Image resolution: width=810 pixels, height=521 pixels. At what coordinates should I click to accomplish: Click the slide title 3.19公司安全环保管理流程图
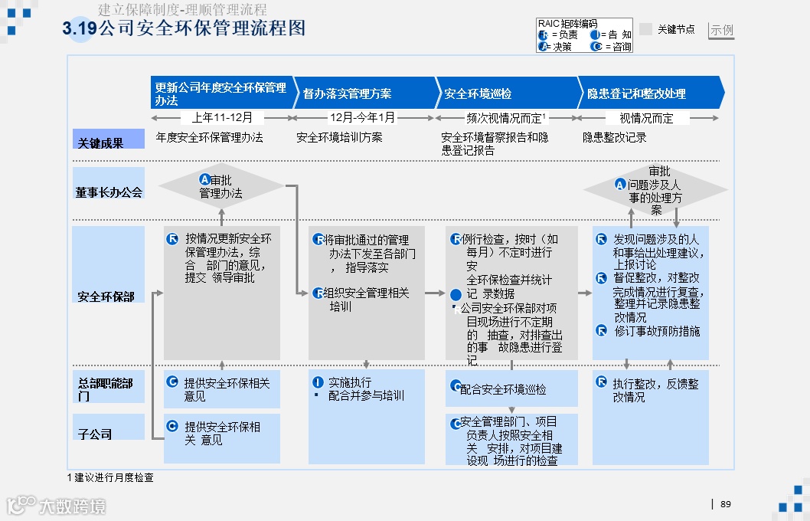184,28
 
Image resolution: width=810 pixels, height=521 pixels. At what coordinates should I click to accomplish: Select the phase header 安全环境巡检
478,93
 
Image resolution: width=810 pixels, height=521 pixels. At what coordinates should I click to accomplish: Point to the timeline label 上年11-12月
222,118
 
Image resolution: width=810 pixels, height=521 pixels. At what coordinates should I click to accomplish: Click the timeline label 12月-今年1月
362,118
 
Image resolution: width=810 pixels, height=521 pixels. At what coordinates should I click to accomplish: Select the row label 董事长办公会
109,192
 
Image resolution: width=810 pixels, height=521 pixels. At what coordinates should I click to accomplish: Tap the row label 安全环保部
106,297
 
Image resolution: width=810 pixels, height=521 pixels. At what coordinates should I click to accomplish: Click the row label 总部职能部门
105,388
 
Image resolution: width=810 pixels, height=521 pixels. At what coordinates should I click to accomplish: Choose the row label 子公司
95,434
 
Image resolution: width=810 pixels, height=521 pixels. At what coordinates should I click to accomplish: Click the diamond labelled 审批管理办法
220,186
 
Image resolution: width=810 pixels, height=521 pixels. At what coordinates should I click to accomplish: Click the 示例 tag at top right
721,31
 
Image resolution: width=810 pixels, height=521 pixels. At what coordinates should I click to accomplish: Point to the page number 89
726,503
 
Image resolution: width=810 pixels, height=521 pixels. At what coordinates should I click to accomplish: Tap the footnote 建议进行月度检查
111,477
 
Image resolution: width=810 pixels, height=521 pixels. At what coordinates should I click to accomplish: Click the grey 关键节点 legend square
645,29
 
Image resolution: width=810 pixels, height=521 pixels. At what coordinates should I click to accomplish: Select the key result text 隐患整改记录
614,138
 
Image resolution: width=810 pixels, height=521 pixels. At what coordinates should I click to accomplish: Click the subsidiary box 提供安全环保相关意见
221,433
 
